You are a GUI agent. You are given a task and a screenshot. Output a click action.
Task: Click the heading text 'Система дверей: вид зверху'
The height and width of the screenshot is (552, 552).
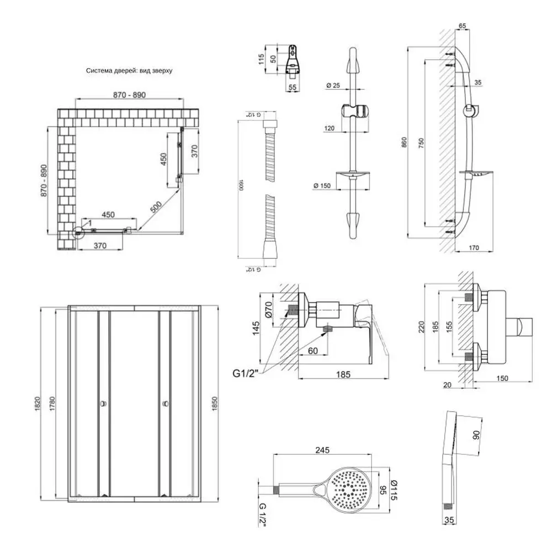130,71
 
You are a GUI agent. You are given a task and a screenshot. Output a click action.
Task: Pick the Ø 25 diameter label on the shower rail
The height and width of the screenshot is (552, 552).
333,85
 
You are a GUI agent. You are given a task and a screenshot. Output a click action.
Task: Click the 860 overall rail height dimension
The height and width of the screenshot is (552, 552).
404,143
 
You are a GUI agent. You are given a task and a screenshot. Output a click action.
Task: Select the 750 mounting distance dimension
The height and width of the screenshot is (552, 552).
421,143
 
